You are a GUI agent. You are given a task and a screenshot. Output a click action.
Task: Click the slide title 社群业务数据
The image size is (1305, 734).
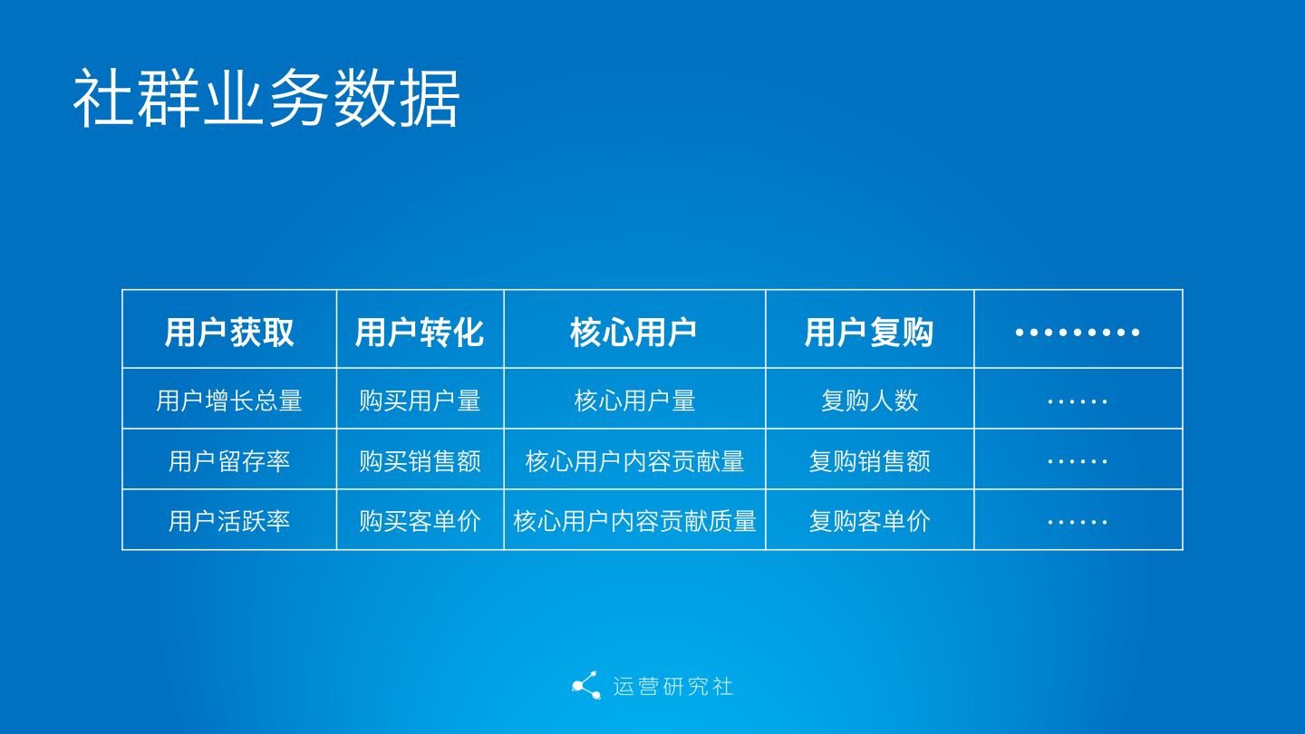[x=266, y=99]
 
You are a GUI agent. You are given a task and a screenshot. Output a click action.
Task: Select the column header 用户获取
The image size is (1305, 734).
[x=229, y=333]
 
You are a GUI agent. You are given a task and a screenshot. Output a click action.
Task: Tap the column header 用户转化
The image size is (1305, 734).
[x=420, y=333]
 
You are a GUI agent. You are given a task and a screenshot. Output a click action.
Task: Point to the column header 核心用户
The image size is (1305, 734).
[x=633, y=333]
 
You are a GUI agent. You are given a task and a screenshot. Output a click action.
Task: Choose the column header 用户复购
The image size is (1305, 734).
[x=869, y=333]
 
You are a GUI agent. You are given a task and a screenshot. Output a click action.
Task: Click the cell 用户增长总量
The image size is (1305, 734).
[x=229, y=401]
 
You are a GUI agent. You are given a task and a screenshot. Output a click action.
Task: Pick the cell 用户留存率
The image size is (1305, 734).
[x=229, y=461]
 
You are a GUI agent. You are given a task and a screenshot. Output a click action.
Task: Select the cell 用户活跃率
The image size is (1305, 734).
[x=229, y=521]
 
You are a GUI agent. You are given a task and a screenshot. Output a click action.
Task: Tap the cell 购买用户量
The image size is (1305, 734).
[x=420, y=401]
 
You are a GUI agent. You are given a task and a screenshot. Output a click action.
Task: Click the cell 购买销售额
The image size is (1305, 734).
[x=420, y=461]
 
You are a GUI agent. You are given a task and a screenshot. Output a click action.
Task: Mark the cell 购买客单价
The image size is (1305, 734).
[x=420, y=521]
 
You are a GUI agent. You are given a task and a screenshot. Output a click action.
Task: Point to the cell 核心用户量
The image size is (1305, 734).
[x=634, y=401]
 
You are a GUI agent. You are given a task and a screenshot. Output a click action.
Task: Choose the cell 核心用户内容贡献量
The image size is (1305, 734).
[x=634, y=461]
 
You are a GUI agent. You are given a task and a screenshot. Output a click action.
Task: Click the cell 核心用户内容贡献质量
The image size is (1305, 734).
[x=634, y=521]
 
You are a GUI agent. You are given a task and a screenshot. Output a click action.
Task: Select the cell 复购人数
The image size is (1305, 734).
[x=869, y=401]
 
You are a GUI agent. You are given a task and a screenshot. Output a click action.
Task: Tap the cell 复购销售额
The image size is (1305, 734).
[x=869, y=461]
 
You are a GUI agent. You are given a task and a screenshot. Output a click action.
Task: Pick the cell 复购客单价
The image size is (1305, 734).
[x=869, y=521]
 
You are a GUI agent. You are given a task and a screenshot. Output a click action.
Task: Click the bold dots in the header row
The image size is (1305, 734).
[x=1078, y=333]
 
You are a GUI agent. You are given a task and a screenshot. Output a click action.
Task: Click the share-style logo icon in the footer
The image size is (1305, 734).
[x=585, y=686]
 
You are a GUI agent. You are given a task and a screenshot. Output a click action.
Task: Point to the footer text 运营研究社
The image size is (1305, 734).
[x=672, y=686]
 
